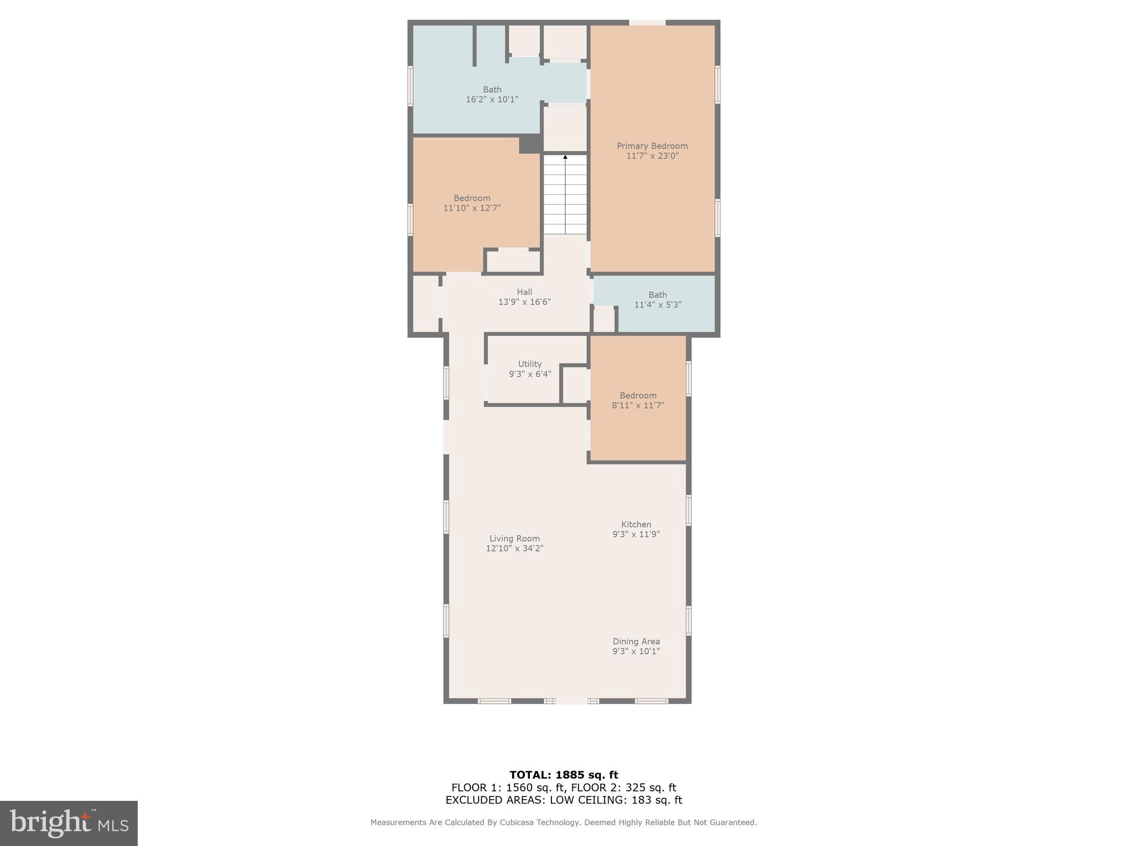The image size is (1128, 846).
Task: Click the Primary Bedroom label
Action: coord(652,146)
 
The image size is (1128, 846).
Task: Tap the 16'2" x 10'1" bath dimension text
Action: coord(492,100)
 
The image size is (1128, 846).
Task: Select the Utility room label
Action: coord(530,364)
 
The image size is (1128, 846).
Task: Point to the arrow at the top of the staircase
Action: coord(565,157)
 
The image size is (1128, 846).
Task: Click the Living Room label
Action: coord(514,539)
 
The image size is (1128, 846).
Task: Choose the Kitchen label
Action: coord(636,524)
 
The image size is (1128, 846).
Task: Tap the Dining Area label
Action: coord(636,641)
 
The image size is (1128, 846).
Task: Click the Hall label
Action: coord(524,292)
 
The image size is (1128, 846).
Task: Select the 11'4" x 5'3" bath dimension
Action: coord(658,305)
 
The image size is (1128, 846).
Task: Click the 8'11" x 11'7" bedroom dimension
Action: coord(638,405)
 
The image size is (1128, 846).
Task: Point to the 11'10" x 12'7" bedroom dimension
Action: coord(472,208)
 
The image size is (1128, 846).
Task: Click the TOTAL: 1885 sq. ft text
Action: coord(563,775)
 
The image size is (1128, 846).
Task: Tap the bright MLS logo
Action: coord(69,823)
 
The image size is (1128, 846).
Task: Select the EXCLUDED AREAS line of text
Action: coord(563,800)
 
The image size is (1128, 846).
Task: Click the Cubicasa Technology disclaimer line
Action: coord(563,822)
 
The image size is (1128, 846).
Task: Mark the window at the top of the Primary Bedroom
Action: coord(647,23)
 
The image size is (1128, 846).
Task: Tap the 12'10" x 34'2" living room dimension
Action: coord(514,549)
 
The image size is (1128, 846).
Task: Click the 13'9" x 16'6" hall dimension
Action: coord(524,302)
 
